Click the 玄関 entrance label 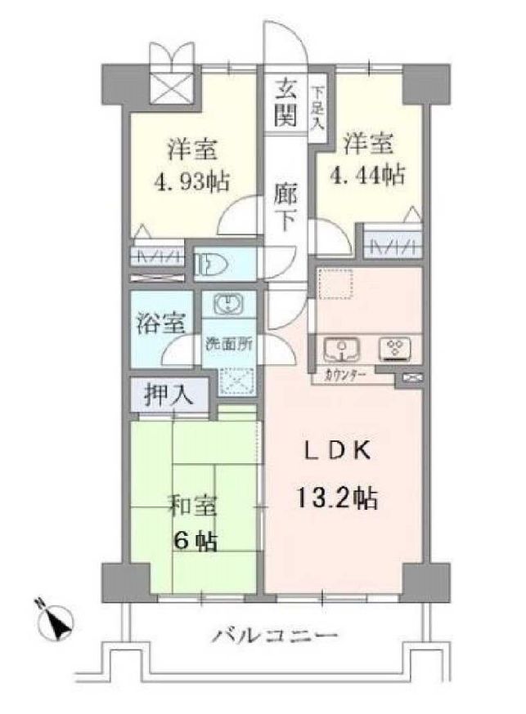point(285,102)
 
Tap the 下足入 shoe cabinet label point(317,109)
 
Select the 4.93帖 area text point(191,182)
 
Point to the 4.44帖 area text point(367,175)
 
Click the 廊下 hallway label point(285,208)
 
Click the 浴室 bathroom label point(161,323)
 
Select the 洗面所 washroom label point(228,344)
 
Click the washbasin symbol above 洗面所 point(228,304)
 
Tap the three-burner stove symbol point(395,349)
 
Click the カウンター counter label point(345,376)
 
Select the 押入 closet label point(169,395)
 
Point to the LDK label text point(336,452)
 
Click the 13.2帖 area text point(337,498)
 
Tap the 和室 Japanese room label point(194,506)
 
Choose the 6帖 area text point(195,541)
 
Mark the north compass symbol point(56,622)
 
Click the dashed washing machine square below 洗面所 point(236,381)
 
